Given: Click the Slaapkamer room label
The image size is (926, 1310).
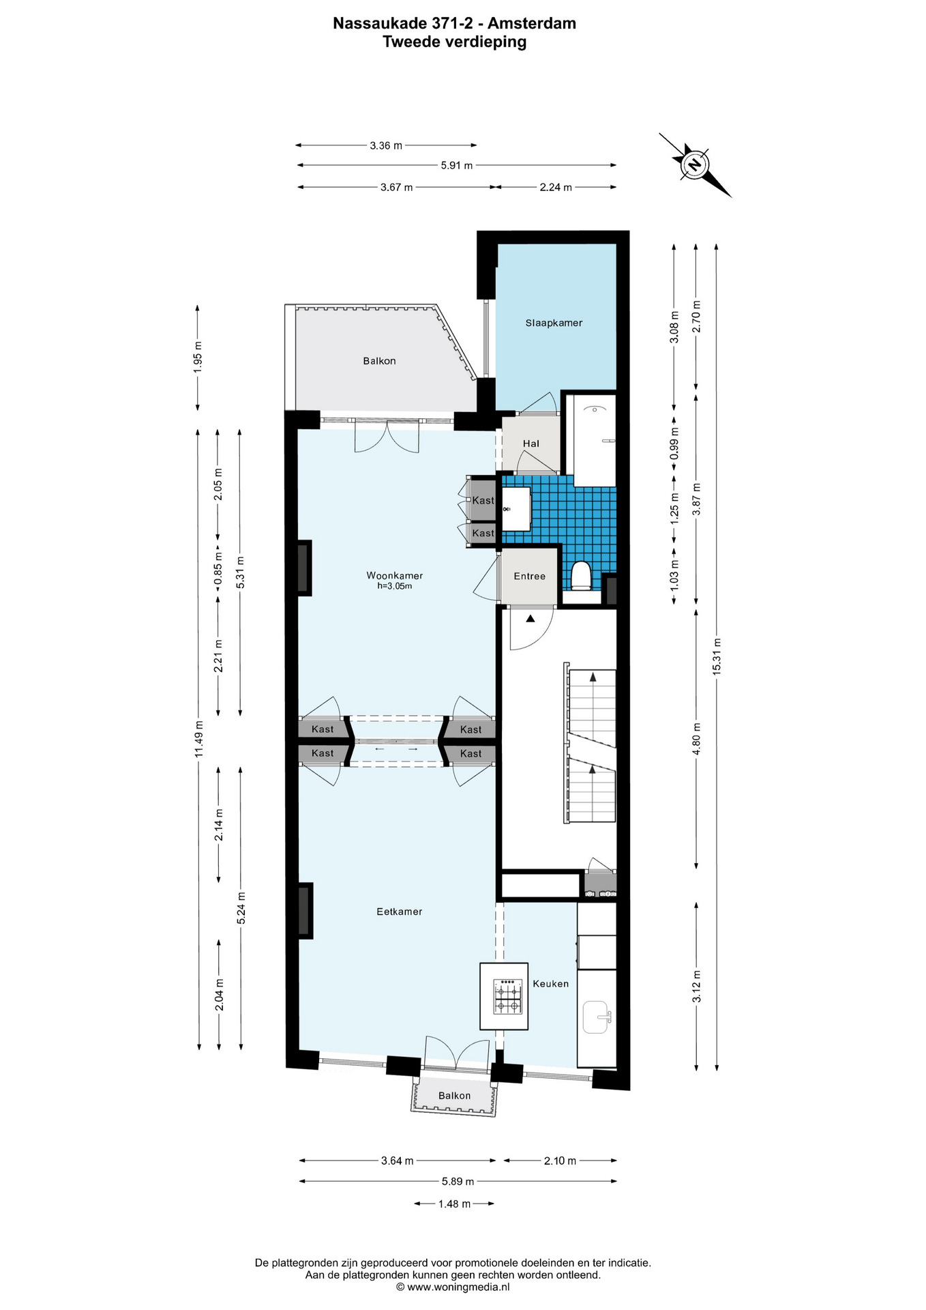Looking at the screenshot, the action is (x=554, y=323).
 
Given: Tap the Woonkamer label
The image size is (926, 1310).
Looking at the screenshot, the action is (x=395, y=575).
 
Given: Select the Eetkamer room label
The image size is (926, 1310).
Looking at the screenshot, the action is (x=400, y=911).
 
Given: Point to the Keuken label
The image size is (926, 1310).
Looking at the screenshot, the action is (x=550, y=983).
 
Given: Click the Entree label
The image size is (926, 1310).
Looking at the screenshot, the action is (x=530, y=576).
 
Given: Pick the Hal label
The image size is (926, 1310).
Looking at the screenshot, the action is (x=531, y=443).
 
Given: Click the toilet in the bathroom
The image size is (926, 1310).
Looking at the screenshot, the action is (x=581, y=575).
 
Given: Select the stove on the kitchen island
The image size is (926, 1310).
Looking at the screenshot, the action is (x=508, y=996).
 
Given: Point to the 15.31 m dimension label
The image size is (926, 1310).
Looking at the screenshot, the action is (x=717, y=656).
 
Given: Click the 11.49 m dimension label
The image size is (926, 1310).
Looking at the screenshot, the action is (x=198, y=738).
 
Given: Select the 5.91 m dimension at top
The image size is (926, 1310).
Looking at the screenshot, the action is (x=457, y=165).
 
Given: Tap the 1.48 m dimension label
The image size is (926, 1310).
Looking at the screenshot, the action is (x=454, y=1204).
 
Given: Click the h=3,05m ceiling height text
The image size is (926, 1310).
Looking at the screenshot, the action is (x=395, y=585).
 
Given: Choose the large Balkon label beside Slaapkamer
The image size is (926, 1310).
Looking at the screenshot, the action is (x=379, y=361).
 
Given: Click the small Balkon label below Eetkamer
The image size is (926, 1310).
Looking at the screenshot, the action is (x=454, y=1096).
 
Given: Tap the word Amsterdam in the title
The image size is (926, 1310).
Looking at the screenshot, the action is (x=532, y=23).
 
